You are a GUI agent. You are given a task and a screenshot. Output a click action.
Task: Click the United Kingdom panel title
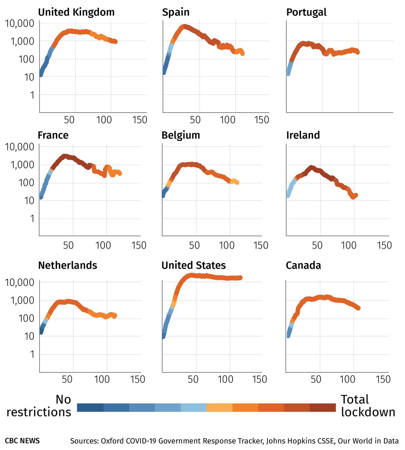76,12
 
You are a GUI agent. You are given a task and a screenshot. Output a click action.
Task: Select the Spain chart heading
176,12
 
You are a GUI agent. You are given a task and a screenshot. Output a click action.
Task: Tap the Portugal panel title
306,12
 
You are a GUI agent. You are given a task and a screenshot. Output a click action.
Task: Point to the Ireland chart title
303,135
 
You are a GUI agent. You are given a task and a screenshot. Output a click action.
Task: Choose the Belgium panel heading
181,135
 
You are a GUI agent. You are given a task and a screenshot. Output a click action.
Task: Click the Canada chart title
303,265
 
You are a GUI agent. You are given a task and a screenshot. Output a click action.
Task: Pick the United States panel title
194,265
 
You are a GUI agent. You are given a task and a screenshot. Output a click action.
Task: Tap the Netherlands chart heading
67,265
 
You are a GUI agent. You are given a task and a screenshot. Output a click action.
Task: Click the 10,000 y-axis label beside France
20,147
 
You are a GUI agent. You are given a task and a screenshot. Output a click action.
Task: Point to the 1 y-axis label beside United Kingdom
32,95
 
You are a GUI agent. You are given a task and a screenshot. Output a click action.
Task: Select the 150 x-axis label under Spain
261,120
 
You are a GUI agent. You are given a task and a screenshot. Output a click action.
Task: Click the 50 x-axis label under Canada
316,379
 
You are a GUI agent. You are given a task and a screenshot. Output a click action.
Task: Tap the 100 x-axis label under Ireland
348,245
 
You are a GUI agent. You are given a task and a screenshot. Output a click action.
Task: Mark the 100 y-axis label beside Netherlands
26,318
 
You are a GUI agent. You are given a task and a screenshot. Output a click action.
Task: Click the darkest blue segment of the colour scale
90,408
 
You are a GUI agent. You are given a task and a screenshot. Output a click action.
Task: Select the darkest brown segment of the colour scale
322,408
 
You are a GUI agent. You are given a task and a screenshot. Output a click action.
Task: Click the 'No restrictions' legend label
39,406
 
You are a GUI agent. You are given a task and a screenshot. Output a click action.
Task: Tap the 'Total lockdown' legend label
368,406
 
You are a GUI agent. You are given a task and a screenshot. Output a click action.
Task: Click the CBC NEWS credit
22,441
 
